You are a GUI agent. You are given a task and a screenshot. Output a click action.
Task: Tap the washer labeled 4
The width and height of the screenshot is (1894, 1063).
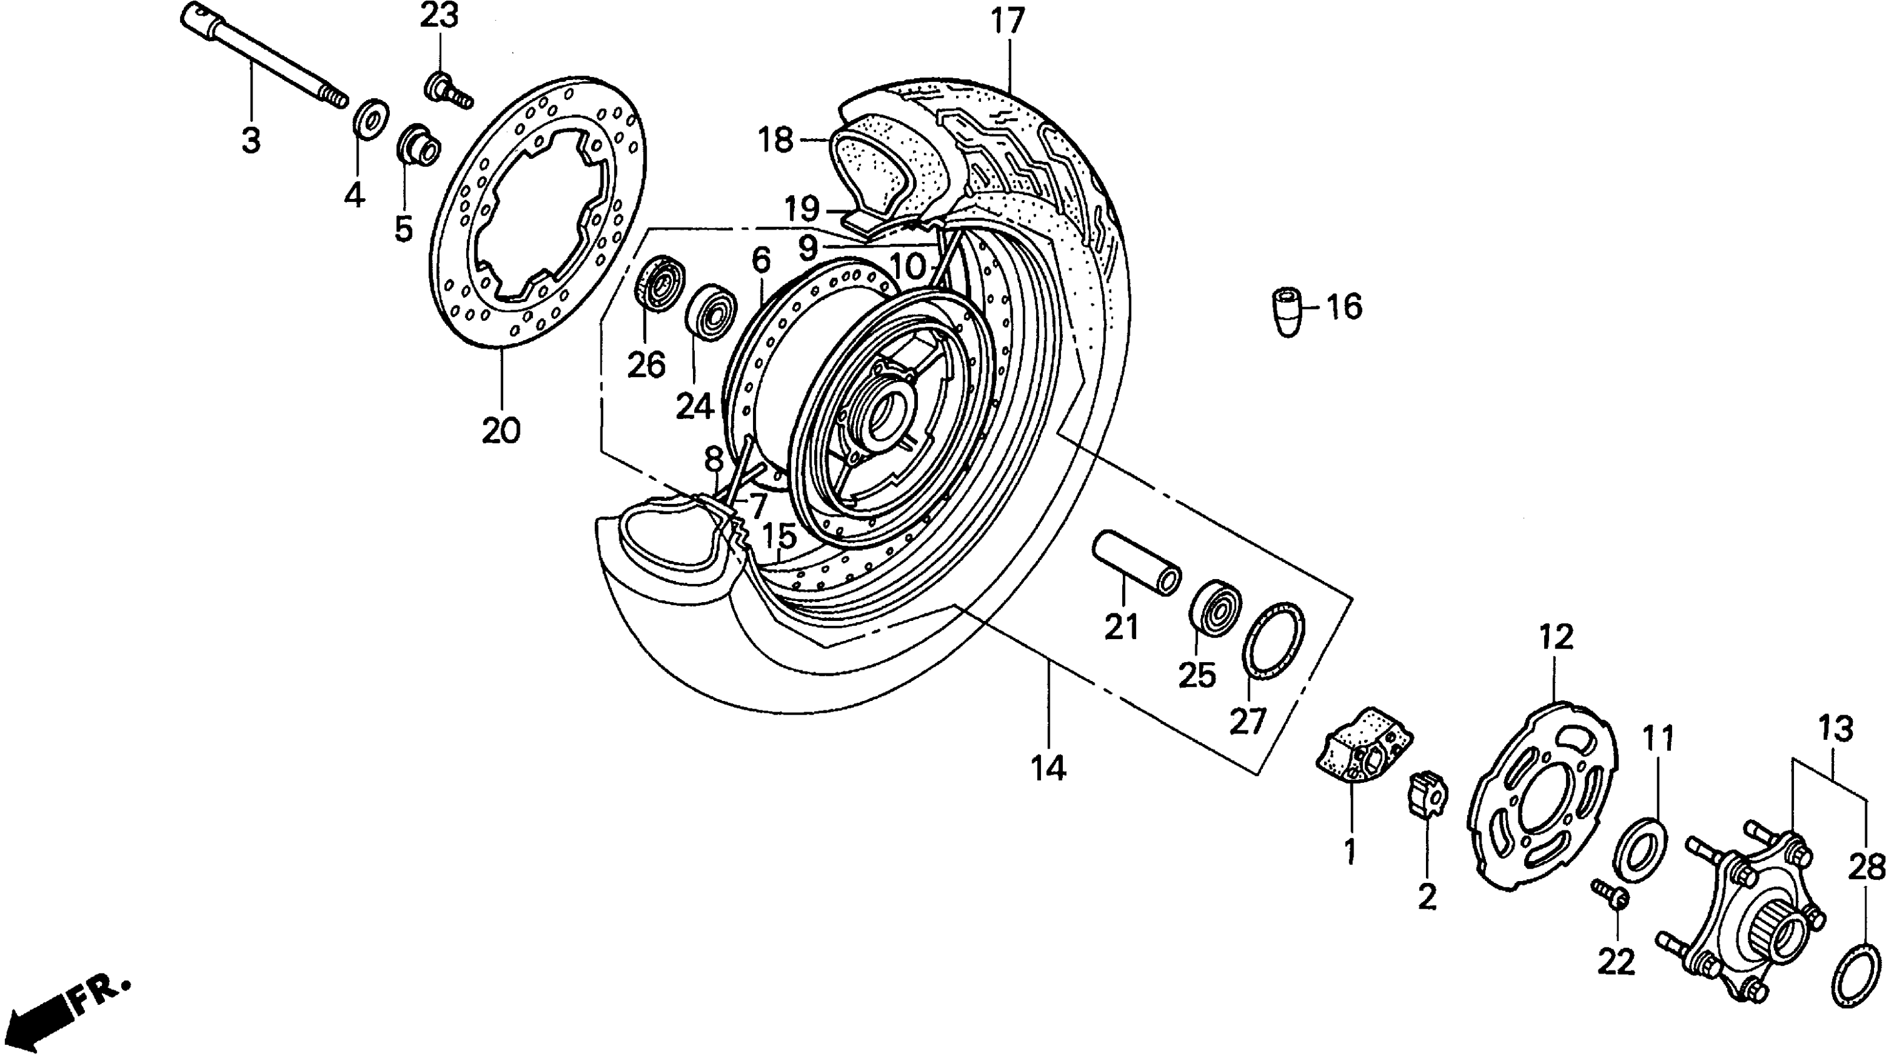[x=371, y=116]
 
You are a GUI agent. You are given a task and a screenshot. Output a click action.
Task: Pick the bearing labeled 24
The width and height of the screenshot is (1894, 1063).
[x=711, y=311]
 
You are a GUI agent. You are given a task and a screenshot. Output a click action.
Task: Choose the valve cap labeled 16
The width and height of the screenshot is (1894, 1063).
[x=1286, y=311]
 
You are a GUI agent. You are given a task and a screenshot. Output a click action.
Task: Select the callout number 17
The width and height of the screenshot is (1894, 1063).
[x=1007, y=21]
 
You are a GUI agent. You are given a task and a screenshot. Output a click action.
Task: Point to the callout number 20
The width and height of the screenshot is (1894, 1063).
[x=501, y=430]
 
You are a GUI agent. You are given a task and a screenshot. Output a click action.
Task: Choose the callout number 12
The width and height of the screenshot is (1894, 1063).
[x=1555, y=637]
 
